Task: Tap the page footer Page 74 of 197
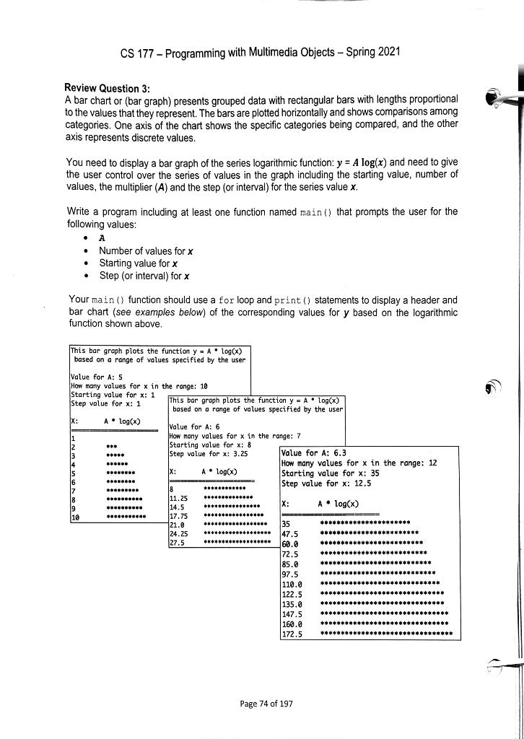[263, 703]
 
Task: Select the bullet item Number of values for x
[144, 250]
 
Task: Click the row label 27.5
[178, 543]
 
